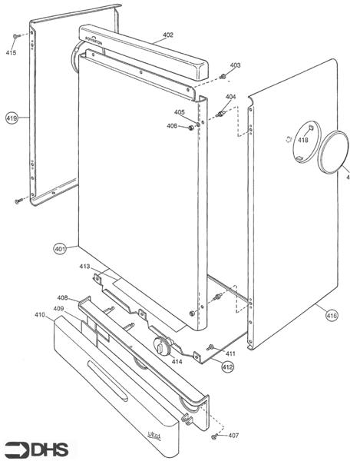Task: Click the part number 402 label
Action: coord(167,35)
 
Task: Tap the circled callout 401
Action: coord(61,248)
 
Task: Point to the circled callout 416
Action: coord(331,315)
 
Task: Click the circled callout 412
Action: coord(228,367)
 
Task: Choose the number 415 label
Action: coord(11,52)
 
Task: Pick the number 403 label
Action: coord(235,65)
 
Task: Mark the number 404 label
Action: coord(230,97)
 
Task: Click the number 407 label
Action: coord(233,436)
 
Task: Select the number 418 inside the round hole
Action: coord(303,140)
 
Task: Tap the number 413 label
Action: coord(85,267)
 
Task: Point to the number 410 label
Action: coord(40,315)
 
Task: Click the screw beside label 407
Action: coord(215,436)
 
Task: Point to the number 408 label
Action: coord(63,297)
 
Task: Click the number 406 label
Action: coord(172,126)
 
